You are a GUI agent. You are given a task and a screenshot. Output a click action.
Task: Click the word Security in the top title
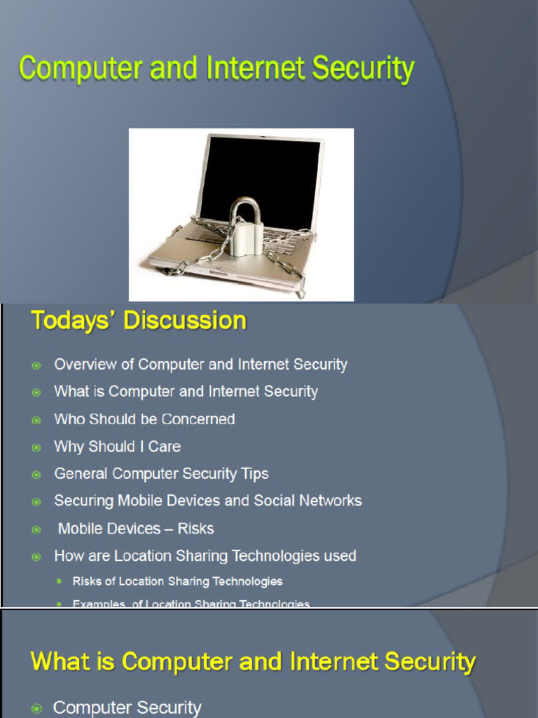(363, 69)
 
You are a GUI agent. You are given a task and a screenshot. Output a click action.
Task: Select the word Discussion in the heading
(185, 320)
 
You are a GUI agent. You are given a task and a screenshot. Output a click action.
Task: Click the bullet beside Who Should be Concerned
(36, 420)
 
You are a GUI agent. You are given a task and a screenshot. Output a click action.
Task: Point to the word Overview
(85, 365)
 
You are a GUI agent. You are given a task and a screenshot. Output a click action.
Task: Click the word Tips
(254, 474)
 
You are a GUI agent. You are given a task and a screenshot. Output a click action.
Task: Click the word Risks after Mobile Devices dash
(195, 529)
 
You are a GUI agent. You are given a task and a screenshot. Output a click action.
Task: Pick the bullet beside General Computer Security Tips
(36, 475)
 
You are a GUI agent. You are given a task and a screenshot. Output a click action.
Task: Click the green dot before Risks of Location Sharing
(60, 582)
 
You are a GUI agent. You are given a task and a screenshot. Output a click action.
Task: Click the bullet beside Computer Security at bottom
(36, 709)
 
